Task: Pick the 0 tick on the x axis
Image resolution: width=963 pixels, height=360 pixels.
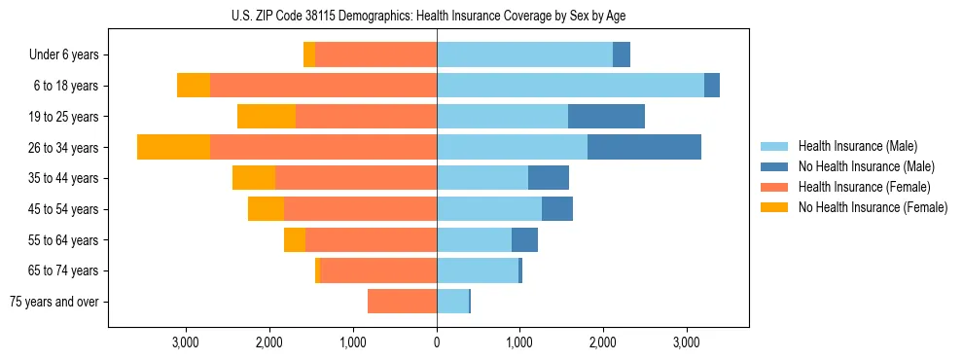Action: (437, 342)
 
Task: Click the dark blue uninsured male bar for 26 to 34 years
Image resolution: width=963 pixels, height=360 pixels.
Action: (644, 147)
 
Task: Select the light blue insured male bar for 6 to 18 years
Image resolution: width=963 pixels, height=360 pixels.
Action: (570, 86)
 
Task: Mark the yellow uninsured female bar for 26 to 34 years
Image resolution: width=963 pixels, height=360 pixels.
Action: (173, 147)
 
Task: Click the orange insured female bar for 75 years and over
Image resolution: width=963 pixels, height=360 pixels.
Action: (402, 302)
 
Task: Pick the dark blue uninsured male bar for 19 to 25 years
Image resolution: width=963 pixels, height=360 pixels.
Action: (606, 117)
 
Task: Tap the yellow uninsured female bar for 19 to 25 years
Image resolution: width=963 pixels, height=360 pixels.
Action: (266, 117)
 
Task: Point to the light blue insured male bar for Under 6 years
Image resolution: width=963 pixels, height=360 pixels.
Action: (524, 54)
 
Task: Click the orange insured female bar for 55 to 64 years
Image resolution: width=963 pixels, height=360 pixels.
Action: (371, 240)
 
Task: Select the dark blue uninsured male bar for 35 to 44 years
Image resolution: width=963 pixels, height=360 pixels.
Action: (549, 178)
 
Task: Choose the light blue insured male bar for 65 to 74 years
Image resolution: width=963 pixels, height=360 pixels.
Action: (478, 270)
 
